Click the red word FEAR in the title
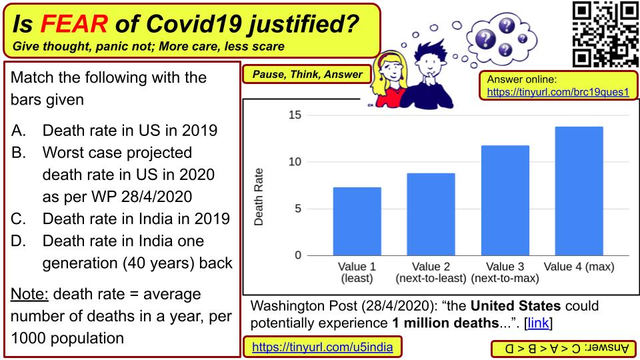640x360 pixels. pos(74,24)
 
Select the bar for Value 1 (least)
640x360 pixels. pos(357,221)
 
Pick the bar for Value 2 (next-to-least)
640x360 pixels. pos(431,214)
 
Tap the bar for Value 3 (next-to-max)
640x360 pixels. pos(505,201)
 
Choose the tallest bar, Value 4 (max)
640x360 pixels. pos(579,191)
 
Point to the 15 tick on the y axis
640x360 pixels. pos(295,115)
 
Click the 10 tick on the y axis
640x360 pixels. pos(295,161)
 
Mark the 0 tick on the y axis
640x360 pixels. pos(298,255)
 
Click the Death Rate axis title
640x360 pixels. pos(259,197)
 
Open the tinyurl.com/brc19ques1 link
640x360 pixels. pos(558,92)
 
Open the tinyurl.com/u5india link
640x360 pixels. pos(323,347)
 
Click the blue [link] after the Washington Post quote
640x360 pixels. pos(539,323)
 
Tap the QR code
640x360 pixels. pos(605,34)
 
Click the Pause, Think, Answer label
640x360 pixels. pos(307,74)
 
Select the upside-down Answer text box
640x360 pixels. pos(564,349)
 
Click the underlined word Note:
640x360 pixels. pos(29,294)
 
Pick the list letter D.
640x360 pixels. pos(19,241)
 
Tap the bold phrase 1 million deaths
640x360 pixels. pos(446,323)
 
